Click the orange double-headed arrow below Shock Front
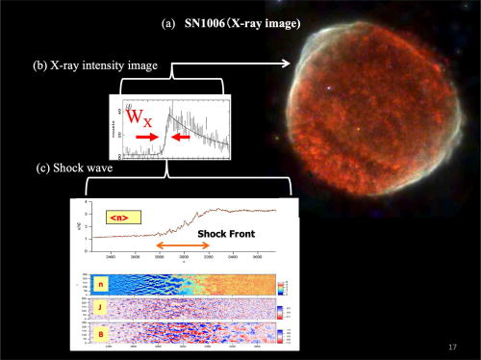183,246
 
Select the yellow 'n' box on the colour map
100,285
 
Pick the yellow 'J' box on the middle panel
100,310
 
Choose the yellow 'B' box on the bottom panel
100,334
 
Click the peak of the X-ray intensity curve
168,114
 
